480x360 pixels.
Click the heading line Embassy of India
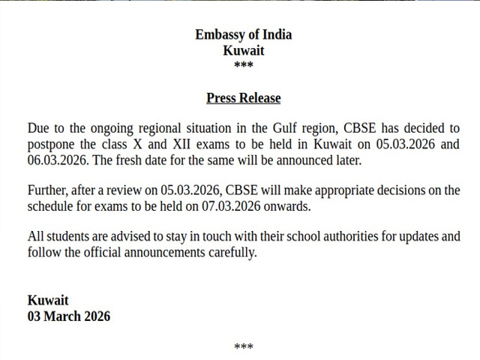pyautogui.click(x=243, y=34)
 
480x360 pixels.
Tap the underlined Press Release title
pyautogui.click(x=243, y=98)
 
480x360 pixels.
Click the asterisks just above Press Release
pyautogui.click(x=243, y=66)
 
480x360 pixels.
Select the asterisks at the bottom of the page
pyautogui.click(x=243, y=346)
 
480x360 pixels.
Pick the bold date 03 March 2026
pyautogui.click(x=69, y=316)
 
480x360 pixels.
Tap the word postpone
pyautogui.click(x=51, y=144)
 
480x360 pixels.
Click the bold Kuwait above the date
pyautogui.click(x=48, y=300)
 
